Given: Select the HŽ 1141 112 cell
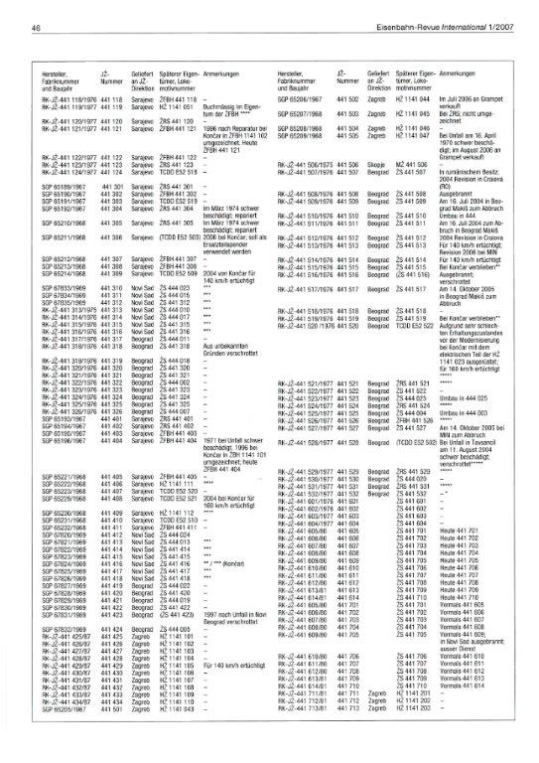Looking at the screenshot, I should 175,512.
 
